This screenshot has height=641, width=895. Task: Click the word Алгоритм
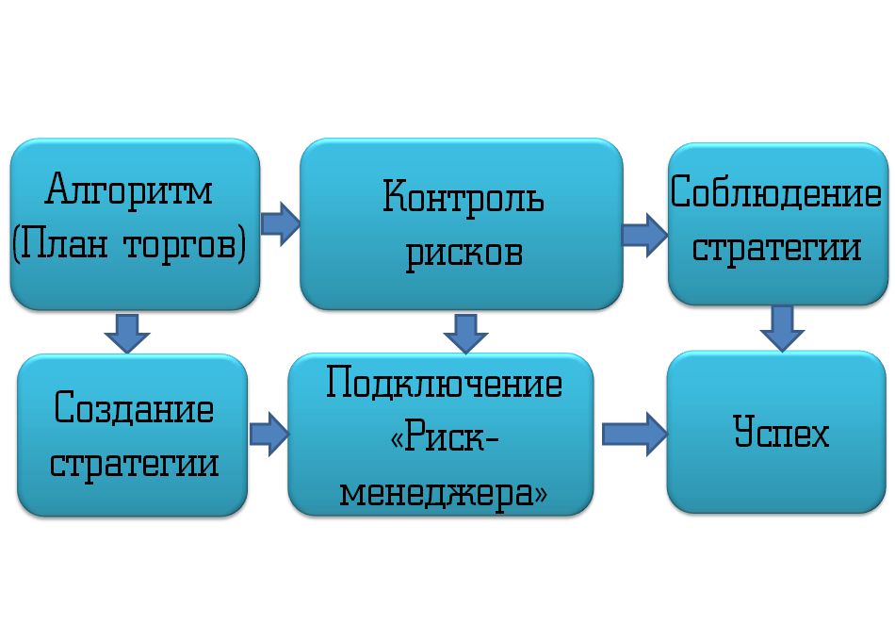(130, 191)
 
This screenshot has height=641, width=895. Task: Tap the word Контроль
(463, 198)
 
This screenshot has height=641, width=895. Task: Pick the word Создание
(134, 408)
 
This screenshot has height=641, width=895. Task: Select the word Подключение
(444, 385)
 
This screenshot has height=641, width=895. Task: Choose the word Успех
(781, 434)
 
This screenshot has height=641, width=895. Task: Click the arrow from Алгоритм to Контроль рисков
(280, 222)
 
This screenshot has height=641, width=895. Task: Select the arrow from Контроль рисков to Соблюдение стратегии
(644, 233)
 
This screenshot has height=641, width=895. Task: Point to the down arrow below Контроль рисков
(464, 332)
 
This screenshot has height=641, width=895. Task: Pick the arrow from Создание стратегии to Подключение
(268, 433)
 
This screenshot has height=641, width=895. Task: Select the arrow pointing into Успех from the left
(633, 434)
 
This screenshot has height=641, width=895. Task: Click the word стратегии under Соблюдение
(776, 248)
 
